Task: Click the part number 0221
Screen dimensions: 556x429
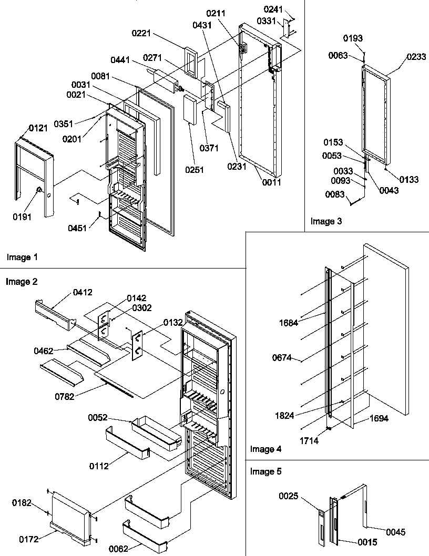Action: pyautogui.click(x=141, y=34)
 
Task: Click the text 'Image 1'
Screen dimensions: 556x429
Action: pyautogui.click(x=22, y=258)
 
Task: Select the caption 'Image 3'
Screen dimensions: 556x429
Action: pyautogui.click(x=326, y=221)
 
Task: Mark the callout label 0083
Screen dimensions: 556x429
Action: pyautogui.click(x=335, y=195)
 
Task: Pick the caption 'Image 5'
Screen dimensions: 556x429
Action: pyautogui.click(x=266, y=471)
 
